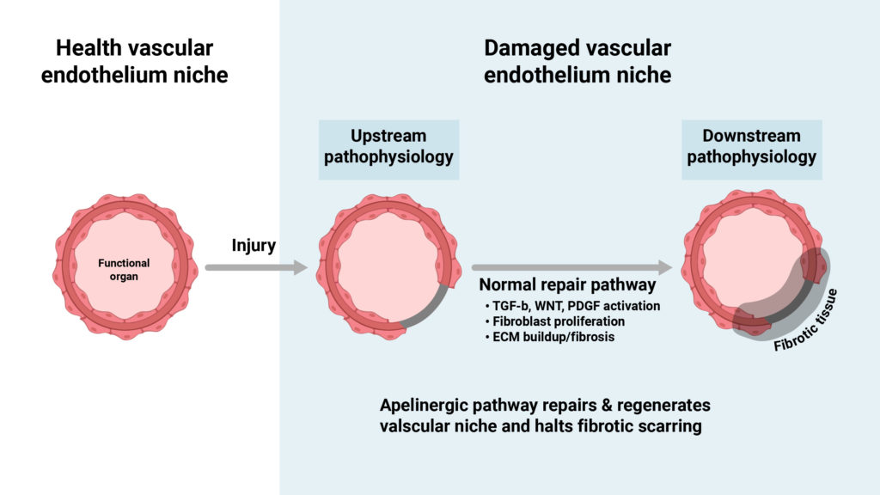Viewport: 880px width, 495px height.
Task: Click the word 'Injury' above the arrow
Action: click(254, 246)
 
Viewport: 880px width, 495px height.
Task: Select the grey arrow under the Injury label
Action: click(255, 268)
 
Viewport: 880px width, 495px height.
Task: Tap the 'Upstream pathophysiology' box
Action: click(388, 150)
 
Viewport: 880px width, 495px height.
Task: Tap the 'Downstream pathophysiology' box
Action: click(751, 150)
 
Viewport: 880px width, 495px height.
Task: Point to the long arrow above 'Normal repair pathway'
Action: click(571, 267)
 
